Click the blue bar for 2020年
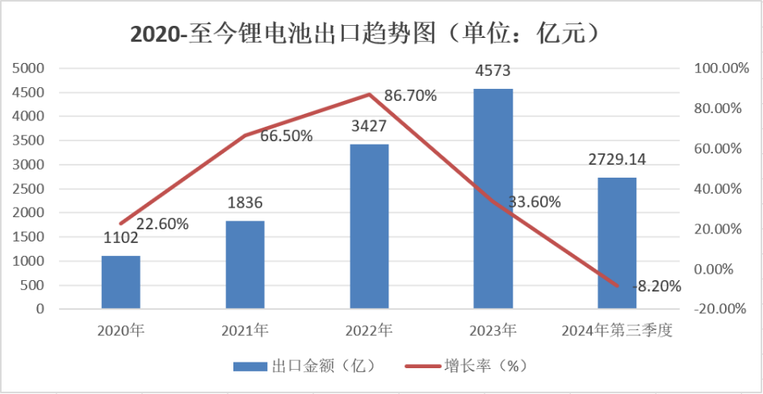click(x=121, y=282)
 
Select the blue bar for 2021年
click(x=245, y=264)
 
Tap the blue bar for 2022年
click(x=369, y=226)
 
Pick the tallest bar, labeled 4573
click(x=493, y=198)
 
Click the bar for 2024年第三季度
click(x=617, y=242)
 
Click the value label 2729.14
click(x=617, y=160)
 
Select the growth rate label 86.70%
click(x=410, y=96)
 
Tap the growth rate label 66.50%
click(x=287, y=136)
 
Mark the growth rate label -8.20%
click(x=657, y=286)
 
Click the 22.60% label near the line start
click(x=162, y=224)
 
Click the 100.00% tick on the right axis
click(x=718, y=69)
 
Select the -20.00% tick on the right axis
click(x=718, y=309)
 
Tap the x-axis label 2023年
click(x=493, y=330)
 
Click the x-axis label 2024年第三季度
click(x=617, y=330)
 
